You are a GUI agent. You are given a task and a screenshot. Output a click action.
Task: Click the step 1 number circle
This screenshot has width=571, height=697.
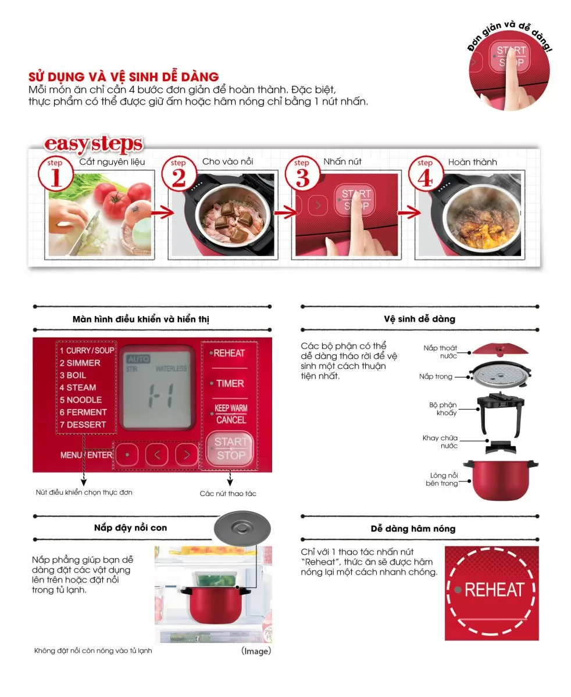(56, 174)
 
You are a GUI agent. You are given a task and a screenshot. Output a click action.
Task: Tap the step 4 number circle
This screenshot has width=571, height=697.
(426, 174)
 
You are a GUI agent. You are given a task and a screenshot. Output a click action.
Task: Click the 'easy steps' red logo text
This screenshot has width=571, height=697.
(94, 144)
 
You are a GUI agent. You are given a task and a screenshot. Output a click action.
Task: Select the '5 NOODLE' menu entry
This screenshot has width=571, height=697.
(81, 400)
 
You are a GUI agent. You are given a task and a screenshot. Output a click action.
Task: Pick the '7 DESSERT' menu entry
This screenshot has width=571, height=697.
(83, 425)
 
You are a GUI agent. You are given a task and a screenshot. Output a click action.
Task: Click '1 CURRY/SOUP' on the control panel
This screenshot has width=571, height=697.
(87, 350)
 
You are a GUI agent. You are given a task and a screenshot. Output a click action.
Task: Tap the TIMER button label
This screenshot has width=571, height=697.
(230, 383)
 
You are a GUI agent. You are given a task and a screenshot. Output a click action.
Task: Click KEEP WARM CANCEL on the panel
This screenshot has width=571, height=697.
(231, 414)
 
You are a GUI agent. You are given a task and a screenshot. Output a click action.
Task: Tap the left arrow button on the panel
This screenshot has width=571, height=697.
(157, 455)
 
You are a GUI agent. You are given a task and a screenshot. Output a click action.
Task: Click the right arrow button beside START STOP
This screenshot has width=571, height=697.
(187, 455)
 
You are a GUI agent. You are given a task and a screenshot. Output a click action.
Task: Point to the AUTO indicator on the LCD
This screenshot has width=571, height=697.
(138, 359)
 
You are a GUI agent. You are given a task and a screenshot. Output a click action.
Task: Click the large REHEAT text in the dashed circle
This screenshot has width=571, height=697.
(495, 590)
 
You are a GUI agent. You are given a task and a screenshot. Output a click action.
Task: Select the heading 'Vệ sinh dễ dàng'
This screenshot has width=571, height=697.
(419, 319)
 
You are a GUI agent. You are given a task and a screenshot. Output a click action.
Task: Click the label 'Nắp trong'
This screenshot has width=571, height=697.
(436, 376)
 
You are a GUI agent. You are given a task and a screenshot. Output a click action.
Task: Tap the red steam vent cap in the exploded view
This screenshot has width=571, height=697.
(499, 349)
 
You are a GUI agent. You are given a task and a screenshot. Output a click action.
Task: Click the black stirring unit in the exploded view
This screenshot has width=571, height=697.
(501, 412)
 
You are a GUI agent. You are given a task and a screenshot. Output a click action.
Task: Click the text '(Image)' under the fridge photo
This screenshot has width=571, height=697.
(256, 651)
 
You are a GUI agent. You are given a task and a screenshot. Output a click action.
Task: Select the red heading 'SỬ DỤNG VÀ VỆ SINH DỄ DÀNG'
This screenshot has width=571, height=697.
(124, 77)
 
